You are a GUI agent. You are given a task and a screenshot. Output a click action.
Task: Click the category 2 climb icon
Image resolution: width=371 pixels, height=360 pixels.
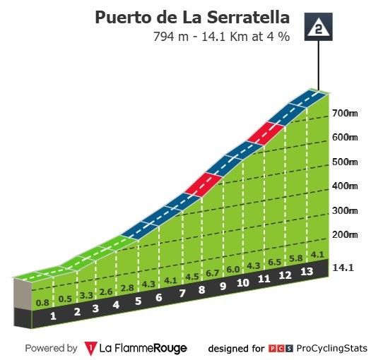point(318,27)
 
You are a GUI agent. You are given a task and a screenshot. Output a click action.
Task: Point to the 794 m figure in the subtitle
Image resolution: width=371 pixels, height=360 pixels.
point(171,37)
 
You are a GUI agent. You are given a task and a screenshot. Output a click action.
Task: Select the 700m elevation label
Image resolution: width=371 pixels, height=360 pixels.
point(345,113)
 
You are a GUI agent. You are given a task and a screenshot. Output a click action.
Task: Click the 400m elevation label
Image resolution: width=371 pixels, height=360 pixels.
point(345,186)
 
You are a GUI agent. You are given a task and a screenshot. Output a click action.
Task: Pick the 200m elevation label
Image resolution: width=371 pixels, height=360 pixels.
point(345,235)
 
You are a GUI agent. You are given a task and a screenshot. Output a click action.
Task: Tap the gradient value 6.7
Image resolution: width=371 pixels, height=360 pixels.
point(212,273)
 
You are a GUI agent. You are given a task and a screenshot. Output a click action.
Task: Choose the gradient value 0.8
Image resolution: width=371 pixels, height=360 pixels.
point(42,303)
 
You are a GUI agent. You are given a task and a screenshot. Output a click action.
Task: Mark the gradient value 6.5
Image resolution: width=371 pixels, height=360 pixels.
point(274,262)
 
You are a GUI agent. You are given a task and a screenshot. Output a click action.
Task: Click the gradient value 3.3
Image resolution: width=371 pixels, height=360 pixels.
point(86,296)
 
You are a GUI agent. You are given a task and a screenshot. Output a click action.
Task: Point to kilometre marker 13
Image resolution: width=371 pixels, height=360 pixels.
point(307,271)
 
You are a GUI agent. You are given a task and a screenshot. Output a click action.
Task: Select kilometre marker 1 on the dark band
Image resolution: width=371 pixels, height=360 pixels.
point(53,316)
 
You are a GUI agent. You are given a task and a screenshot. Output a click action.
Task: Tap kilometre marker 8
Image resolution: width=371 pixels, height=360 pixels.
point(201,290)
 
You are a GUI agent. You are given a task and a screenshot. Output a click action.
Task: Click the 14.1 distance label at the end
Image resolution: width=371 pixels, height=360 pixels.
point(343,268)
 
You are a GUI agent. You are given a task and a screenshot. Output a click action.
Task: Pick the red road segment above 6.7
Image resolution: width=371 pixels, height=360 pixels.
point(204,184)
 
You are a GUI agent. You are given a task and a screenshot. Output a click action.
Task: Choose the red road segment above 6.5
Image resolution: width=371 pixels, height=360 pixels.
point(265,133)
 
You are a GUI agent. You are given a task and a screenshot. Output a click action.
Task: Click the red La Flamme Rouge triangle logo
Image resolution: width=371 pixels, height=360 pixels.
point(91,349)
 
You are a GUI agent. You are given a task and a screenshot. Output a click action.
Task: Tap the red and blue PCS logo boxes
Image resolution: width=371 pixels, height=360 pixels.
point(281,349)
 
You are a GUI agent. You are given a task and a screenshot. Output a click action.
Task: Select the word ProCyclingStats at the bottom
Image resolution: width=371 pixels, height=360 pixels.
point(331,349)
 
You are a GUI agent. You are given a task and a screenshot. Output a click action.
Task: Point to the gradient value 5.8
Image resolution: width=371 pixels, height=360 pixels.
point(296,258)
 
